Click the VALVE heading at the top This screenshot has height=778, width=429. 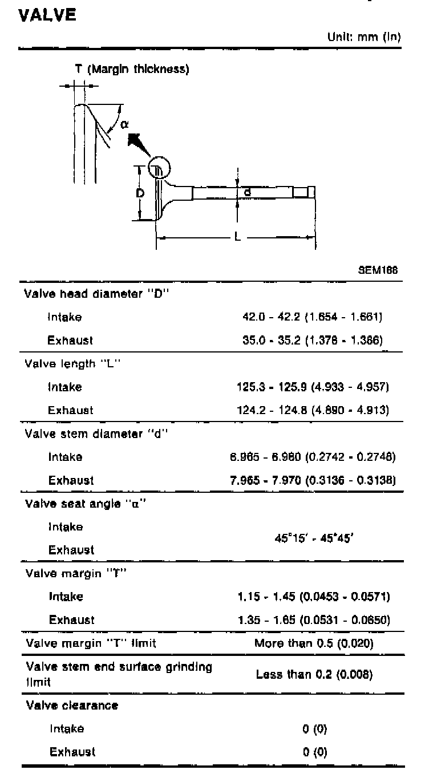48,15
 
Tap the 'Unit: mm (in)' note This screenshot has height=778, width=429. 363,37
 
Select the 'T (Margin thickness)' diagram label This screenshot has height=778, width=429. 132,70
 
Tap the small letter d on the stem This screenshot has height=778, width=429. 247,193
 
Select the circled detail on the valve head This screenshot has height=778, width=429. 159,168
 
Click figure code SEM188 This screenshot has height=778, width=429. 378,270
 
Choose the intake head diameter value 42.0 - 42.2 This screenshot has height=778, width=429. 313,317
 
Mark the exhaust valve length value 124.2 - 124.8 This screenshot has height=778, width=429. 313,410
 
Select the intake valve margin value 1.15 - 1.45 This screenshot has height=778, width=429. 314,597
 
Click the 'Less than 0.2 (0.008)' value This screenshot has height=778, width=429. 314,674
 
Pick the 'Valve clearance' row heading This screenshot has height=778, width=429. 72,705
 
